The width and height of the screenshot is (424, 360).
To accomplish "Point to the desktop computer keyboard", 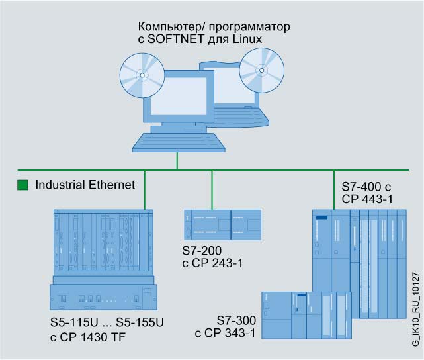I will (169, 140).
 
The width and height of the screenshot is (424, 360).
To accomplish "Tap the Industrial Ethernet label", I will (85, 185).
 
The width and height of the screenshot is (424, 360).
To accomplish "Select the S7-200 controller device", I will (222, 225).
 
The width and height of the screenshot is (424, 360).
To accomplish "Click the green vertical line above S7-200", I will (212, 190).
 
